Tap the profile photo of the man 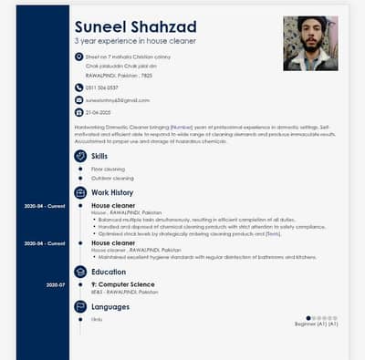[x=311, y=43]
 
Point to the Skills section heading [x=99, y=156]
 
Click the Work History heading [x=112, y=193]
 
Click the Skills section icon [x=80, y=156]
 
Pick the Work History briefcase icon [x=80, y=193]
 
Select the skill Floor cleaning [x=108, y=169]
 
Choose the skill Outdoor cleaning [x=111, y=178]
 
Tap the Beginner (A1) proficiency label [x=316, y=324]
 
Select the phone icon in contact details [x=78, y=87]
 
